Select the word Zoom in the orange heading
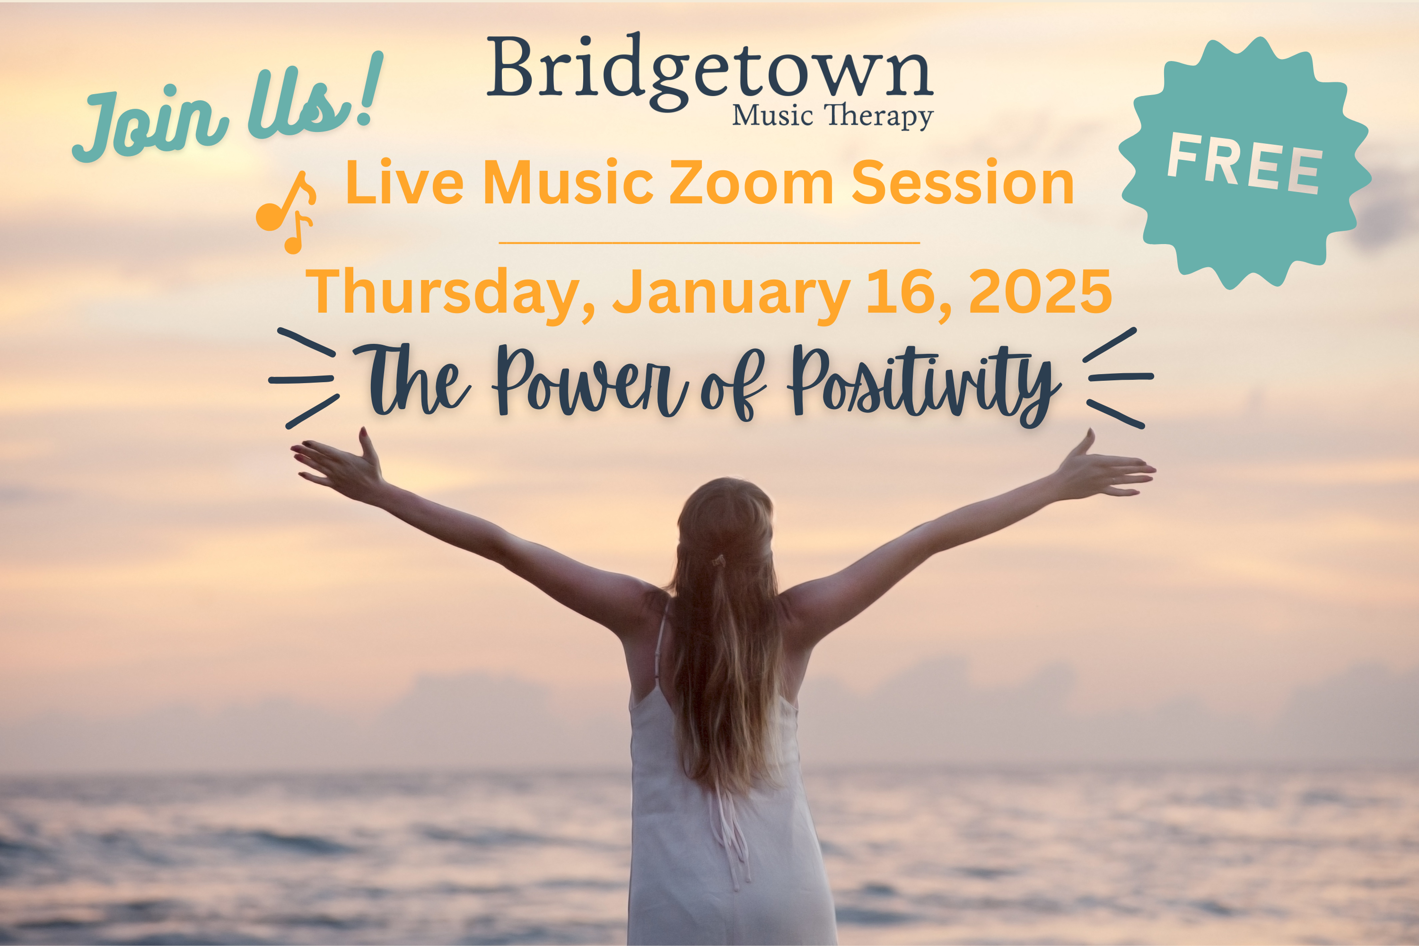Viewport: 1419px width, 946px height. tap(752, 182)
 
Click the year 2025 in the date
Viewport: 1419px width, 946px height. tap(1040, 291)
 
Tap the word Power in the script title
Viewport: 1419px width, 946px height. tap(590, 383)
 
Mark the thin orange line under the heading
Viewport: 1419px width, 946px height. tap(709, 243)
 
